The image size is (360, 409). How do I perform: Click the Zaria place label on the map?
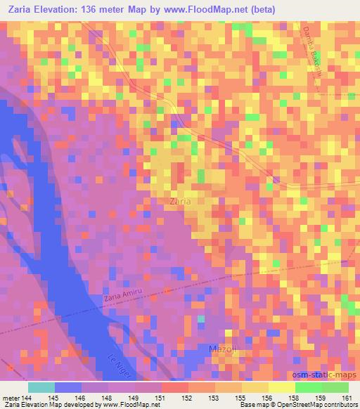pos(181,200)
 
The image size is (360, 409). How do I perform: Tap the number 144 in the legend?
pos(28,397)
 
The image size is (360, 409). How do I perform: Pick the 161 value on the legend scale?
pos(347,397)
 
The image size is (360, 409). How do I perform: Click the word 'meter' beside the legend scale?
pos(10,397)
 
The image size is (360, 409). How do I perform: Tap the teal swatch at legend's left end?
pos(41,387)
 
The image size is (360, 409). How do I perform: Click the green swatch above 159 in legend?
pos(308,387)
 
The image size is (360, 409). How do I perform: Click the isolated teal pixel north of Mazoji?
pos(201,319)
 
